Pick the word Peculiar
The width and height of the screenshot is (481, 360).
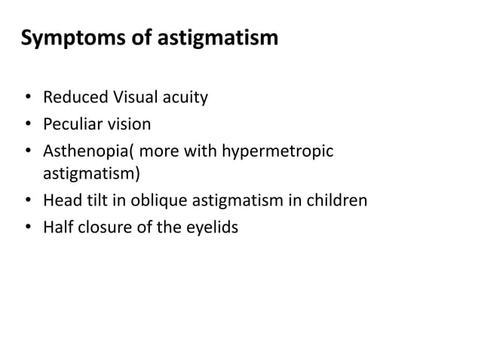[x=74, y=124]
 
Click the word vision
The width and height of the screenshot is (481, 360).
[x=130, y=124]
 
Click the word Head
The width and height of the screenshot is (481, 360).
[x=60, y=200]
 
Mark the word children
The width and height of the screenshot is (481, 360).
[x=339, y=200]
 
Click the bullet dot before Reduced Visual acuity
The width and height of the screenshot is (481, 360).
[x=27, y=99]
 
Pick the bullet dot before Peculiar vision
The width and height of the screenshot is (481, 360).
[x=27, y=124]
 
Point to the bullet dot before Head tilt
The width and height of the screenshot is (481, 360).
[x=27, y=201]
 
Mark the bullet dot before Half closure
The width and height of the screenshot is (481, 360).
[x=27, y=227]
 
